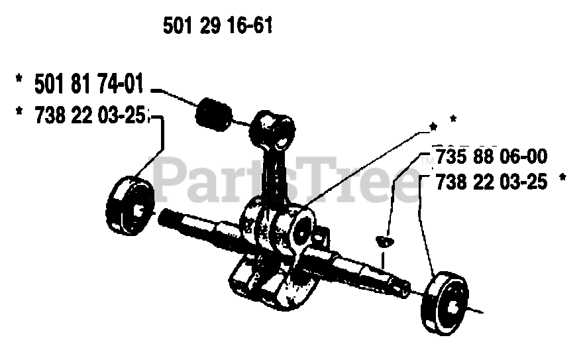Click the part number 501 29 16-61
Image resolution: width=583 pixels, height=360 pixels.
coord(217,27)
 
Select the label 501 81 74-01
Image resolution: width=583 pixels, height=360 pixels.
coord(88,86)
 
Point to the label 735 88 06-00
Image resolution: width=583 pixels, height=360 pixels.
coord(490,157)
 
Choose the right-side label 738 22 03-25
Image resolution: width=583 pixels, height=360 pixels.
coord(491,181)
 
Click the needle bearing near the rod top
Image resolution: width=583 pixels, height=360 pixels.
coord(214,113)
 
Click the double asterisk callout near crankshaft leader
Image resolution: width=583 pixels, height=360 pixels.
coord(443,121)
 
